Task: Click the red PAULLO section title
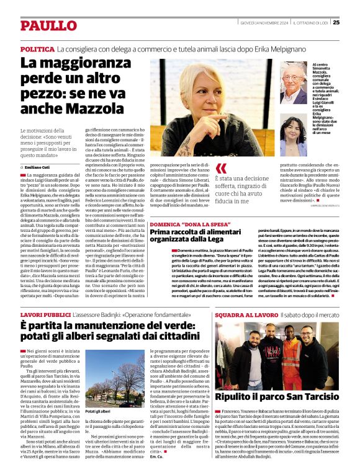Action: coord(47,25)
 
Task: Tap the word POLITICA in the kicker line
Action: coord(37,48)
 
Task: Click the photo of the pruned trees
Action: coord(115,378)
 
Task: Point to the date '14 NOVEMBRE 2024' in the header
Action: coord(263,23)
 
